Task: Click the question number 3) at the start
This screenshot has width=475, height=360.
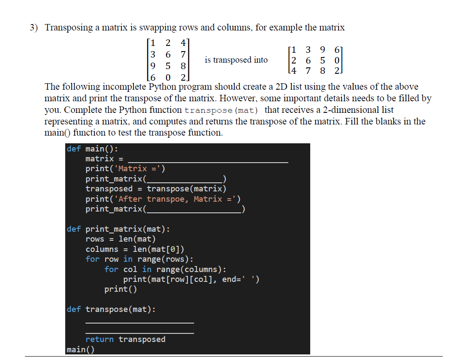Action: (34, 28)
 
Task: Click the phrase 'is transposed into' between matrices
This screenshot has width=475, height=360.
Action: (236, 60)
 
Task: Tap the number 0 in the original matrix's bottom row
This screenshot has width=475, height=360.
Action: (168, 78)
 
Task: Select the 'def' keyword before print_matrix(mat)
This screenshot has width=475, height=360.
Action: (73, 229)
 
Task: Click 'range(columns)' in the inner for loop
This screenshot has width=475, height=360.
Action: (191, 269)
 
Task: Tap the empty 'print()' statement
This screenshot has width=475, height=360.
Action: (121, 289)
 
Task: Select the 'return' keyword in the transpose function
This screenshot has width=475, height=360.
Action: (100, 339)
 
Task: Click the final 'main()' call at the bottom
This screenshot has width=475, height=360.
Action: (81, 349)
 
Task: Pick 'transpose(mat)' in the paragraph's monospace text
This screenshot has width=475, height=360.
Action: (221, 111)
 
